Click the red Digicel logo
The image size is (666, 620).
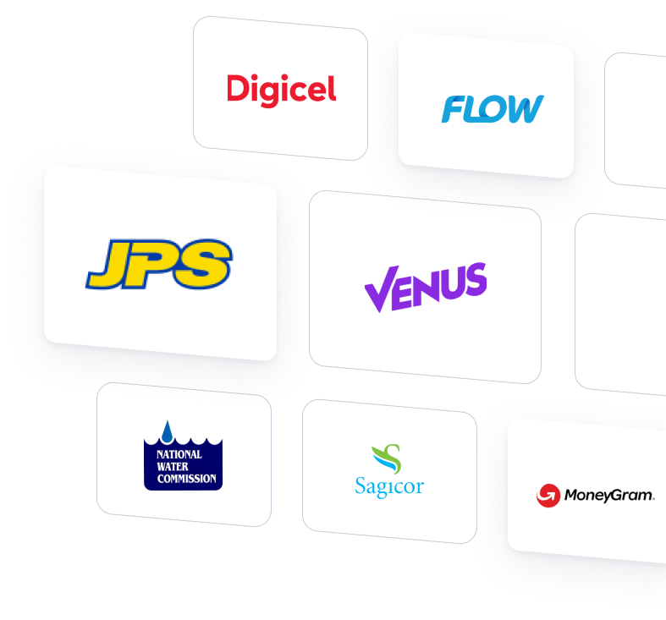[281, 88]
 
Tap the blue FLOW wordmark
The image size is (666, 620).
[492, 109]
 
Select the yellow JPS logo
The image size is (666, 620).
[159, 263]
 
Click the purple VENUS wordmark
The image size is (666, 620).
[426, 286]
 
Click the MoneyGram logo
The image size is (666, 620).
[596, 495]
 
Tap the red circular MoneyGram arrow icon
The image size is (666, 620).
[548, 495]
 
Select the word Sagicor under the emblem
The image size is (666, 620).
[388, 487]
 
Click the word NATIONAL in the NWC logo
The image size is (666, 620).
[179, 454]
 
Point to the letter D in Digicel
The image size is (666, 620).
[237, 88]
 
